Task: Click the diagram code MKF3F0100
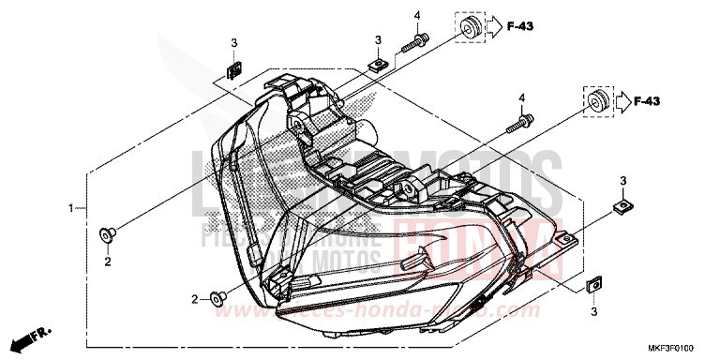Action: pos(681,346)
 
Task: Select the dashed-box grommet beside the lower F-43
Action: pos(595,100)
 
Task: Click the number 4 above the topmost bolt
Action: pos(418,14)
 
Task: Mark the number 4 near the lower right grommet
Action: pos(521,97)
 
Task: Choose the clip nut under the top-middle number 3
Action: pos(377,65)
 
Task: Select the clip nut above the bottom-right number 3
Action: pos(592,282)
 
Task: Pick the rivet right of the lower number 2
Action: pos(217,298)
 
